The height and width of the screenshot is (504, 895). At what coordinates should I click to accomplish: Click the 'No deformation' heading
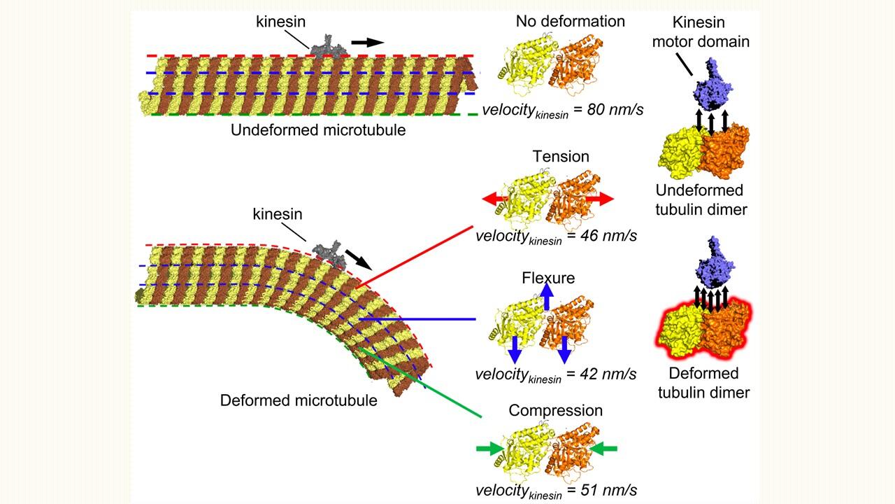[570, 21]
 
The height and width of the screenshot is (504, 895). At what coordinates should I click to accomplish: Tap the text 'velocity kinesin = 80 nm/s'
[563, 110]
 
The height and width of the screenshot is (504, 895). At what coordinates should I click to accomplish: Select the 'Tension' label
[561, 156]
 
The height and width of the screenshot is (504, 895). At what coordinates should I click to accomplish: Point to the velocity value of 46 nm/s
[556, 237]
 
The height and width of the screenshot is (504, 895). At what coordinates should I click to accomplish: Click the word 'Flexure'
[548, 278]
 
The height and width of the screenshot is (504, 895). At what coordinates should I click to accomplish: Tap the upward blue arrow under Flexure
[547, 297]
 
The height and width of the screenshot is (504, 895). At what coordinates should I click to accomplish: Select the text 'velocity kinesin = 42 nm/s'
[556, 374]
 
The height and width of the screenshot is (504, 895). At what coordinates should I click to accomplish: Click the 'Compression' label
[555, 410]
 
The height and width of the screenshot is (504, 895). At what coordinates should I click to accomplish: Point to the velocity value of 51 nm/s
[556, 491]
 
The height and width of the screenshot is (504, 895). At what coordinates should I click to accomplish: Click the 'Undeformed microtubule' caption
[318, 129]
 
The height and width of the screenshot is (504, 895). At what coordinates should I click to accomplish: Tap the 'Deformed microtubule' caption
[299, 400]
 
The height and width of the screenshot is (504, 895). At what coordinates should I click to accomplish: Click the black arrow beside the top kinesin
[367, 42]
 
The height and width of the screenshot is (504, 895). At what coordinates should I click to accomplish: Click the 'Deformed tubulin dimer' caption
[703, 383]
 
